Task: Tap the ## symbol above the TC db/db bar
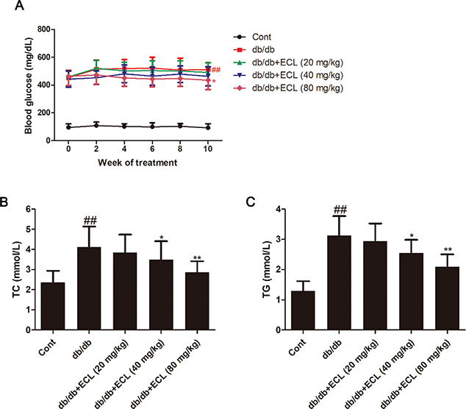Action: [x=90, y=218]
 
